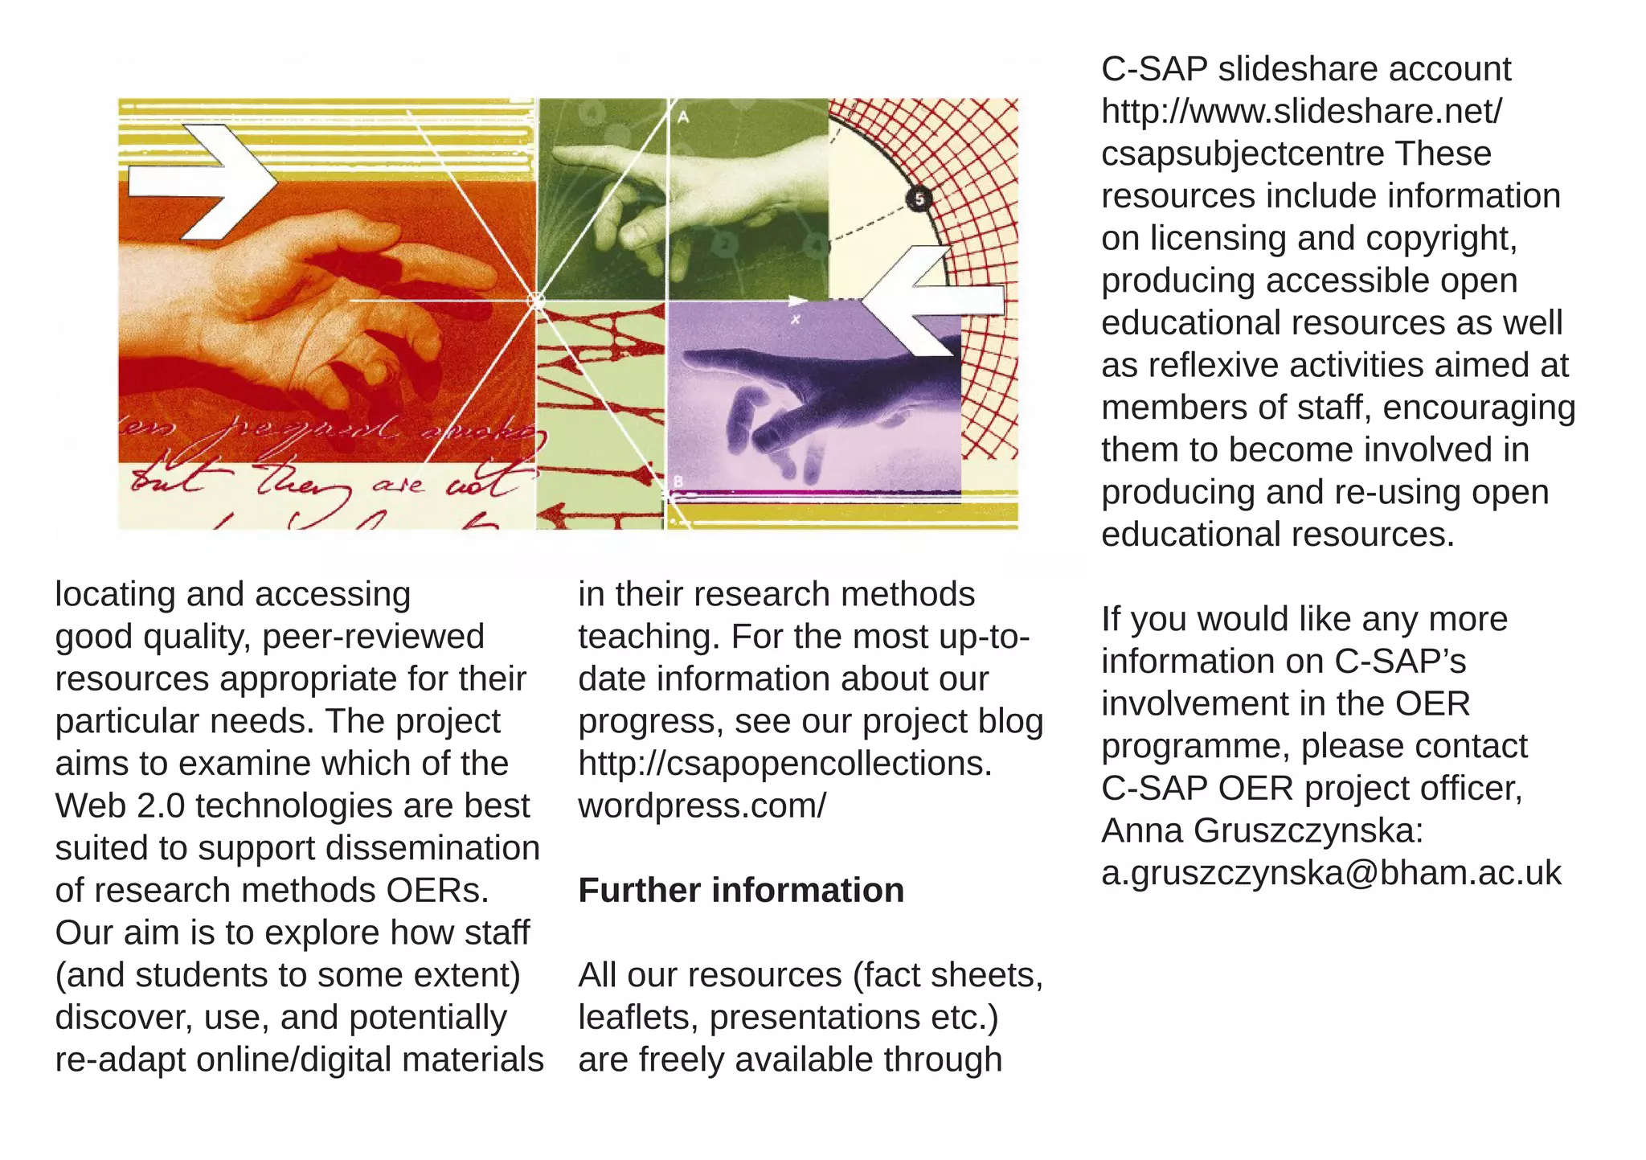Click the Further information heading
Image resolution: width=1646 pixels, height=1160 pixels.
741,891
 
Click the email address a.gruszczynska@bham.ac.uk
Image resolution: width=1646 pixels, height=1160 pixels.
1331,873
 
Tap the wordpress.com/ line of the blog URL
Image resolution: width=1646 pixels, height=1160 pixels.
702,805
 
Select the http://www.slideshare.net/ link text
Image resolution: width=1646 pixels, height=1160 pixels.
1301,111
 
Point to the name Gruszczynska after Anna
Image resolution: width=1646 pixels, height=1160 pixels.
1308,830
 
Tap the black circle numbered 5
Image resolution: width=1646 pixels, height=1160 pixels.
919,198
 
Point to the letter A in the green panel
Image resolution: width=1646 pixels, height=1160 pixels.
683,117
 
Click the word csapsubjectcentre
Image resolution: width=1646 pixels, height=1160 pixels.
1243,154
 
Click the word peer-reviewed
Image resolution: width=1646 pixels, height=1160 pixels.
373,637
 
